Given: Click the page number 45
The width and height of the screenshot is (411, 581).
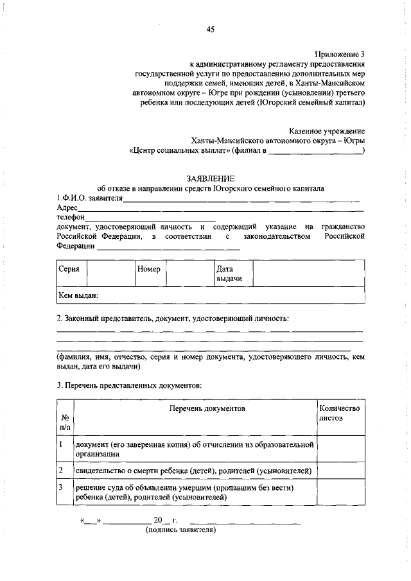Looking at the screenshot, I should click(210, 29).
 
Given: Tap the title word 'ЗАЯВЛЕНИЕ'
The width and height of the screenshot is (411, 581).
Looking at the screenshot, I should click(210, 178).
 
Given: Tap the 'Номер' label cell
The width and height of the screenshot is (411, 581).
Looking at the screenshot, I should click(149, 270).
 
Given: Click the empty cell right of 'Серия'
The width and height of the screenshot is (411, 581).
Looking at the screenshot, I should click(109, 273).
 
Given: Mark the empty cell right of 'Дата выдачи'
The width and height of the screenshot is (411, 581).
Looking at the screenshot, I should click(308, 273).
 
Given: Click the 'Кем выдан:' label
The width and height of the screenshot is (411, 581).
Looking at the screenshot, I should click(78, 295).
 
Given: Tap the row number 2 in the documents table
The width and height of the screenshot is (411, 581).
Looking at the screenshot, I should click(60, 471).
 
